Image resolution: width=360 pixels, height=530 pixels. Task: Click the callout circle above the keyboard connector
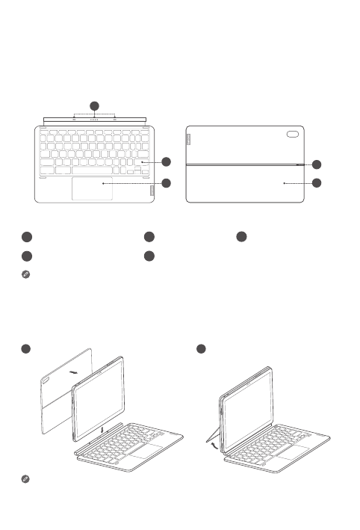click(x=94, y=105)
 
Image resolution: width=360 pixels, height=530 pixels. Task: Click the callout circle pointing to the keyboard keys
click(x=167, y=161)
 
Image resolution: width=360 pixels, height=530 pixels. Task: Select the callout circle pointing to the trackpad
click(x=167, y=182)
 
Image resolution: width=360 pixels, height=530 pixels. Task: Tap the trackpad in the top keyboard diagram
click(x=93, y=188)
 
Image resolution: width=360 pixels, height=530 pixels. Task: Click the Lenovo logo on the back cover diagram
click(x=189, y=140)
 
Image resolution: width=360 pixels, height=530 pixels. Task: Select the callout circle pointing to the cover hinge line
click(x=317, y=164)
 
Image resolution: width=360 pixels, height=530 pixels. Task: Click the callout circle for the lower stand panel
click(x=317, y=182)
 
